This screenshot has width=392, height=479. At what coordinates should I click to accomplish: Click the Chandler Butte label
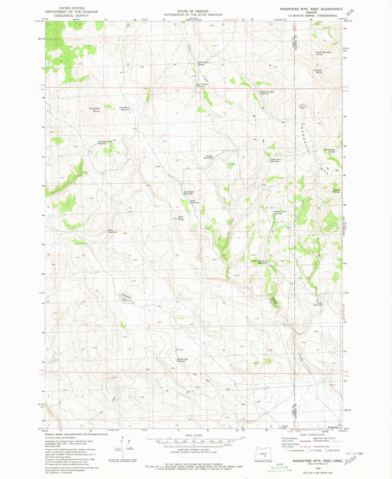click(95, 110)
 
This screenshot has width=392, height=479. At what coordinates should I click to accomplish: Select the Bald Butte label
click(181, 218)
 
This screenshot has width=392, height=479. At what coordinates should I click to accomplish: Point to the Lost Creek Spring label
click(202, 63)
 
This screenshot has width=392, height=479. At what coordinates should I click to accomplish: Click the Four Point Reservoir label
click(202, 85)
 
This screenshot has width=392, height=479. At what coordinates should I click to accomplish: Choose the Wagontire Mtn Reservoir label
click(267, 93)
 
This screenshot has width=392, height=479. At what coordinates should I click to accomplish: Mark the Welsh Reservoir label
click(318, 304)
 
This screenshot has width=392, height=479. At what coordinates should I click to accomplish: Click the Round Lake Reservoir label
click(182, 360)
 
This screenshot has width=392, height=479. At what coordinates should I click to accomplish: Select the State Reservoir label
click(112, 231)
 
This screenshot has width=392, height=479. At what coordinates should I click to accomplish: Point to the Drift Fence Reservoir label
click(125, 109)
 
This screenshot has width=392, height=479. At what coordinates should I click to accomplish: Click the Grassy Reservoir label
click(209, 157)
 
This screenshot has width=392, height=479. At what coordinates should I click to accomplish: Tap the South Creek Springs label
click(280, 212)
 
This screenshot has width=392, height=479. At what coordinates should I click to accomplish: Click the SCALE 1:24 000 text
click(193, 435)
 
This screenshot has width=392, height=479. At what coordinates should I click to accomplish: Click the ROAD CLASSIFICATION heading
click(312, 435)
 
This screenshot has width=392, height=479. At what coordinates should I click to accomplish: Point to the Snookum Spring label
click(318, 71)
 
